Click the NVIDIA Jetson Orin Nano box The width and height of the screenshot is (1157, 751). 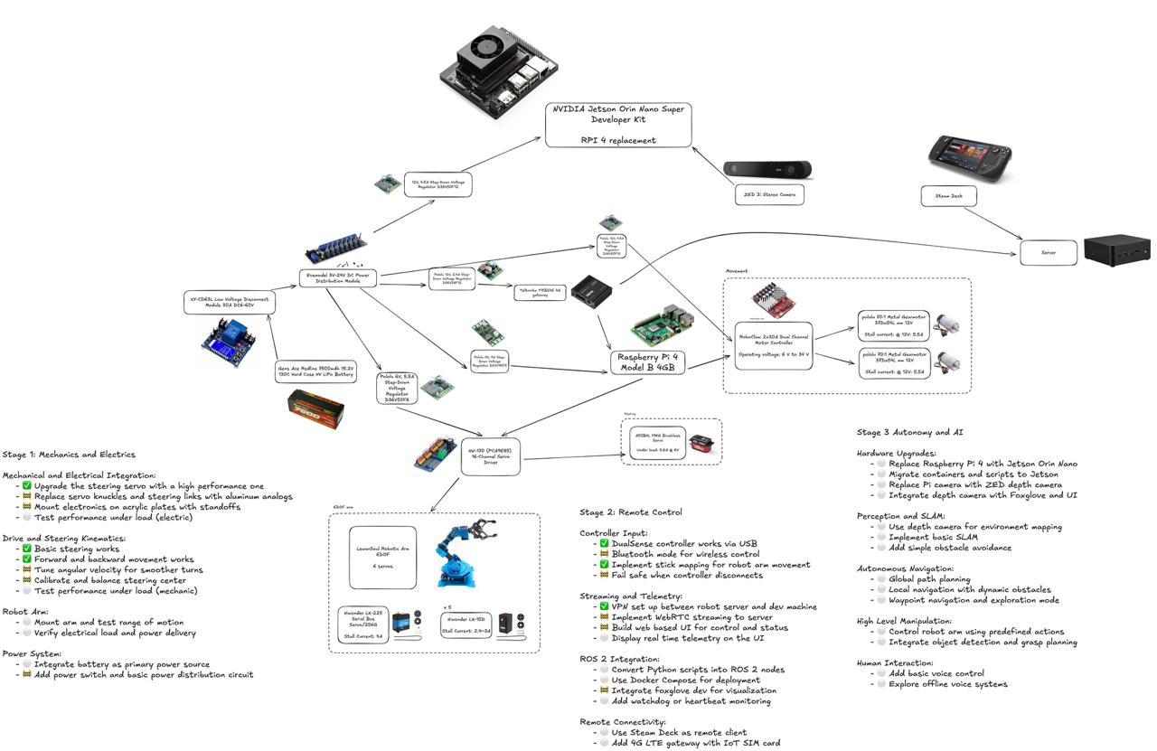618,125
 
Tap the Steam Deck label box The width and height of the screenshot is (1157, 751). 948,195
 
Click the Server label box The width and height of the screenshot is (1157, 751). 1049,253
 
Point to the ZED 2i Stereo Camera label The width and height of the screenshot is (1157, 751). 768,194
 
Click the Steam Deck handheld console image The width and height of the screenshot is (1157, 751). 968,155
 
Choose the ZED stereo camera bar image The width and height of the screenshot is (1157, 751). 768,170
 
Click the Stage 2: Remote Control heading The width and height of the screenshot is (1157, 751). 631,512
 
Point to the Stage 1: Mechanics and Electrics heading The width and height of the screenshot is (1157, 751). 70,455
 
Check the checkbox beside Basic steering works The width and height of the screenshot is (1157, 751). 27,549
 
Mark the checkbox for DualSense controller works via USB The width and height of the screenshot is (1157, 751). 604,544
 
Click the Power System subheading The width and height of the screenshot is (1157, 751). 33,653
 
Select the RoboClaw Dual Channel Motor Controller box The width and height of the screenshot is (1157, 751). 773,345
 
